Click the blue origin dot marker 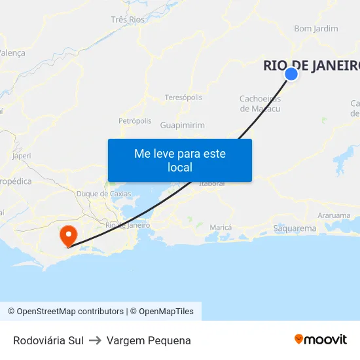[x=291, y=74]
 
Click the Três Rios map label [x=128, y=20]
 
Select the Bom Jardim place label [x=316, y=29]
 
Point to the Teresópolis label [x=183, y=98]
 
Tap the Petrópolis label [x=135, y=121]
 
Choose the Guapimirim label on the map [x=183, y=125]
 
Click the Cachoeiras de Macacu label [x=260, y=103]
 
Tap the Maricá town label [x=221, y=227]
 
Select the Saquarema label [x=295, y=228]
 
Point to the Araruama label [x=334, y=215]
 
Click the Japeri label [x=22, y=156]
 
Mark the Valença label [x=12, y=53]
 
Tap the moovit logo [x=321, y=339]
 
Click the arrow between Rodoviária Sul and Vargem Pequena [x=95, y=340]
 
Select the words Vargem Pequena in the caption [x=149, y=340]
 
